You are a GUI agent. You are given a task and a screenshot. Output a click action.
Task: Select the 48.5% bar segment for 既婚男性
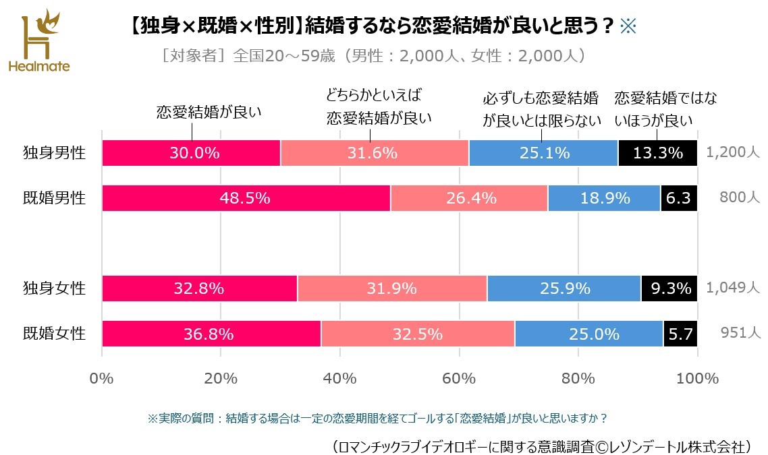point(246,198)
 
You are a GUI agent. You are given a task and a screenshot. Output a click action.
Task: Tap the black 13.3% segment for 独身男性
point(657,153)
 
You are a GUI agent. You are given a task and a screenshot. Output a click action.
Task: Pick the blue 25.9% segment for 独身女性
point(564,289)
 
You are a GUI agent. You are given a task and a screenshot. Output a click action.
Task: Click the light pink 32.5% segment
point(418,334)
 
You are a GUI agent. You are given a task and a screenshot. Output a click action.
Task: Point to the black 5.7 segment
point(680,334)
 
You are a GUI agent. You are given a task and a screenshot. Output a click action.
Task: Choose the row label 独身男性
point(55,153)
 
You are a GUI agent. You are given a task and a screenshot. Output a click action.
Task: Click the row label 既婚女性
point(55,334)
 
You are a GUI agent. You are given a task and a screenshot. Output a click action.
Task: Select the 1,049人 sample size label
point(733,289)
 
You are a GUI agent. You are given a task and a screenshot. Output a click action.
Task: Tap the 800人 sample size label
point(740,198)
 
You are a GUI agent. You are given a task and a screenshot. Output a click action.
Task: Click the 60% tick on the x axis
point(459,378)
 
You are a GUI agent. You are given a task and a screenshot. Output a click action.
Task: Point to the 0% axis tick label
point(102,378)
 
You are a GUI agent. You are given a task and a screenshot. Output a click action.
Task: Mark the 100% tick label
point(697,378)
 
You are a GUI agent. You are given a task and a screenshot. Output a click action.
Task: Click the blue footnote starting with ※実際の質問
point(377,419)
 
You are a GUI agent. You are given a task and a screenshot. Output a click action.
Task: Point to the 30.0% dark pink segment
point(191,153)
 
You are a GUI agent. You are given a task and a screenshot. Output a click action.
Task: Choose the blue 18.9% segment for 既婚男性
point(604,198)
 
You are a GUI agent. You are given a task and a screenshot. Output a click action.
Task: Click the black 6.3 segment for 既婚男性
point(679,198)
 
